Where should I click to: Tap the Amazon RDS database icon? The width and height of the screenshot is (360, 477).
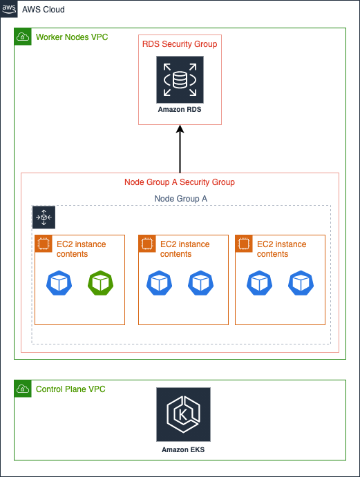180,80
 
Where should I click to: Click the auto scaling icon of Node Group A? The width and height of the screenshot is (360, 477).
44,217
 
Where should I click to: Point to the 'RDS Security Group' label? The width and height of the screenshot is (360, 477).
180,44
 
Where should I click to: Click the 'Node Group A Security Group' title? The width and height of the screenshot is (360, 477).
180,182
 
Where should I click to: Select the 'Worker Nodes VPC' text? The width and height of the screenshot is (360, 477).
71,37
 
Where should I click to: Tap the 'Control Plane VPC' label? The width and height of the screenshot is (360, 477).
70,389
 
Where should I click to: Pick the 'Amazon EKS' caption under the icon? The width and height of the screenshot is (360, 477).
183,449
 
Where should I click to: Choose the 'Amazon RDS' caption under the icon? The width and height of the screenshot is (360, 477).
180,110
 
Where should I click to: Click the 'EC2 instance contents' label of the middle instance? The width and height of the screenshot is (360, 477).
184,249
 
